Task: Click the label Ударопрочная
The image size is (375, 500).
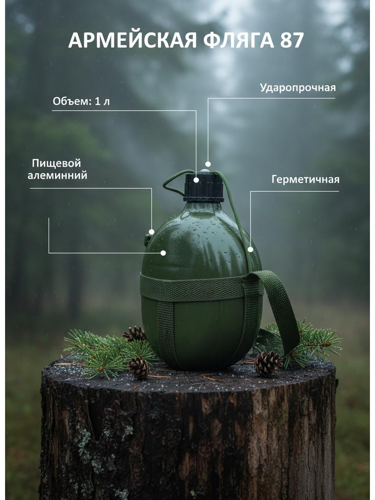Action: coord(298,88)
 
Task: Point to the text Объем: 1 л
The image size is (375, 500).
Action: coord(82,102)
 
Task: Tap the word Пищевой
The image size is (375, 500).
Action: coord(57,163)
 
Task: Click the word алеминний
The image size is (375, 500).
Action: coord(57,175)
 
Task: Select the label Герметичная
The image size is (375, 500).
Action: coord(305,179)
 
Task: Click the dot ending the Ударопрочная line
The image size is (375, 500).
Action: coord(208,164)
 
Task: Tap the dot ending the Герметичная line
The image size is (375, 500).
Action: coord(251,249)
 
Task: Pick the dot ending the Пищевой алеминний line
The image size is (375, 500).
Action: coord(152,232)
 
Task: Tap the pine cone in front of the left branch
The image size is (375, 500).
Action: coord(139,367)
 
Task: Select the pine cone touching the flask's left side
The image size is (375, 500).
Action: coord(135,334)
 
